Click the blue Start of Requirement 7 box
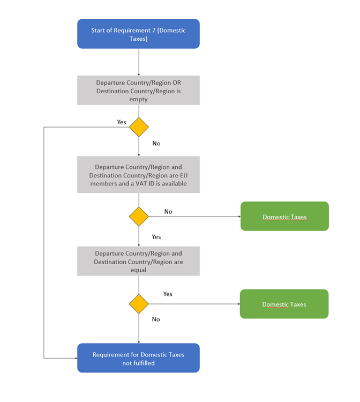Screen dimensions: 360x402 pos(138,34)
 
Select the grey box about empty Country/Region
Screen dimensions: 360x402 pos(138,90)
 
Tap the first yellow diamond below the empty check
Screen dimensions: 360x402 pos(139,127)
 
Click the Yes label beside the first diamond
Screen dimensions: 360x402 pos(122,122)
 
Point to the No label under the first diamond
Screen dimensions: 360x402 pos(156,143)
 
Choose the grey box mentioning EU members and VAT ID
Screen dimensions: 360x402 pos(138,175)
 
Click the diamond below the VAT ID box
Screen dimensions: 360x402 pos(139,217)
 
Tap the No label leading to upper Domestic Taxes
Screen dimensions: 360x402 pos(168,212)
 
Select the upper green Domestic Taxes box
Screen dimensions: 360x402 pos(284,216)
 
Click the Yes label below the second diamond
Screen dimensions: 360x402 pos(156,237)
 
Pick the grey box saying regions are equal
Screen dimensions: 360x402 pos(138,261)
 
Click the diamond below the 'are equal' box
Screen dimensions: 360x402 pos(139,304)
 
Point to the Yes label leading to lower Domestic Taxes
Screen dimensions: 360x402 pos(168,294)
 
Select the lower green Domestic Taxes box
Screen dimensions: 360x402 pos(284,304)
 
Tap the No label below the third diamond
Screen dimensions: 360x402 pos(156,319)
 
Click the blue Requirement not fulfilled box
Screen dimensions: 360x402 pos(138,358)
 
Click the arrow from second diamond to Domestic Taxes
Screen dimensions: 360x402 pos(194,217)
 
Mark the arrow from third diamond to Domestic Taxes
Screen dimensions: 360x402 pos(194,304)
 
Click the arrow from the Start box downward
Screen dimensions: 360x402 pos(139,62)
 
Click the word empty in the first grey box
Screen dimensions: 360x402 pos(138,99)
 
